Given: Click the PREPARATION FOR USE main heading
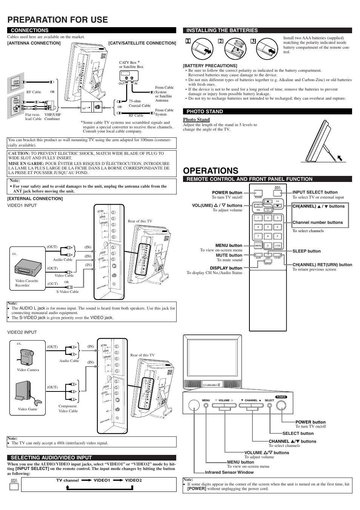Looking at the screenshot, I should [x=57, y=20].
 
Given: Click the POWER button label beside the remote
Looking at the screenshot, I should [x=227, y=193].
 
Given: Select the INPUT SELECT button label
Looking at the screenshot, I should [x=315, y=192].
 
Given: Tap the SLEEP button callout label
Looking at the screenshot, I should [x=306, y=251].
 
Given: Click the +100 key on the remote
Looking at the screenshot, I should [x=277, y=246].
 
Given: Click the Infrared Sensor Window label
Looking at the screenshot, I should [x=229, y=472].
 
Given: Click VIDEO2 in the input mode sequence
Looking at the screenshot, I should [x=133, y=480].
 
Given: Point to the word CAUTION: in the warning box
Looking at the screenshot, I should [x=19, y=154].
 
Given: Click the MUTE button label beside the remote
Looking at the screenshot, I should [x=229, y=255].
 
